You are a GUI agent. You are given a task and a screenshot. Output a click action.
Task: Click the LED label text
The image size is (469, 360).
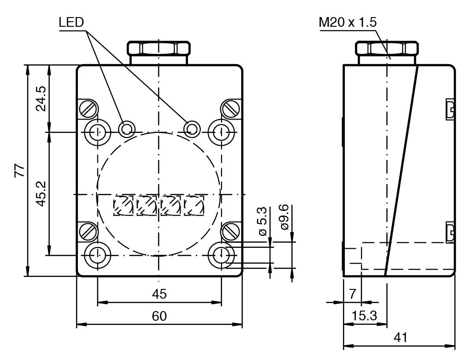click(72, 23)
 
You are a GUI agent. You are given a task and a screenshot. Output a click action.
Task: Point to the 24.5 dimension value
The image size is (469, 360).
click(42, 98)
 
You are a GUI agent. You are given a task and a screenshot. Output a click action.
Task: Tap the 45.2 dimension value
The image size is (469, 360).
click(42, 193)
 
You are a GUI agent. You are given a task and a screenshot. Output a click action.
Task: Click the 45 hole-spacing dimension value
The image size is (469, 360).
click(159, 294)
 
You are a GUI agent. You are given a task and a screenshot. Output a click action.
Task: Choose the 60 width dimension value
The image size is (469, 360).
click(159, 316)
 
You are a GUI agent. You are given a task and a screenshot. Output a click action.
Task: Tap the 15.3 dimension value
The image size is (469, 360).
click(365, 316)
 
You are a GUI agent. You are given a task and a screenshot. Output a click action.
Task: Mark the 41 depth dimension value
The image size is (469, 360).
click(400, 337)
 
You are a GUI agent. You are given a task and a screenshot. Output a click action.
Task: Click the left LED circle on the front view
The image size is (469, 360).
click(126, 129)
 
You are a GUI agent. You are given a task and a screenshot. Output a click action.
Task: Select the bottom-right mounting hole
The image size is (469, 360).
click(222, 254)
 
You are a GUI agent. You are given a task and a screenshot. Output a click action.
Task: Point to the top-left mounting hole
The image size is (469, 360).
click(97, 132)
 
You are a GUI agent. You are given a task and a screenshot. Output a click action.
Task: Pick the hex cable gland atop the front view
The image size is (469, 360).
click(159, 48)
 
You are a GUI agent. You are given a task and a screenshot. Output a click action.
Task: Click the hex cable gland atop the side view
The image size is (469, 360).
click(386, 48)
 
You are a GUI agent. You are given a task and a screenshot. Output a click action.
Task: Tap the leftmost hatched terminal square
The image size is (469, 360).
click(124, 205)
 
